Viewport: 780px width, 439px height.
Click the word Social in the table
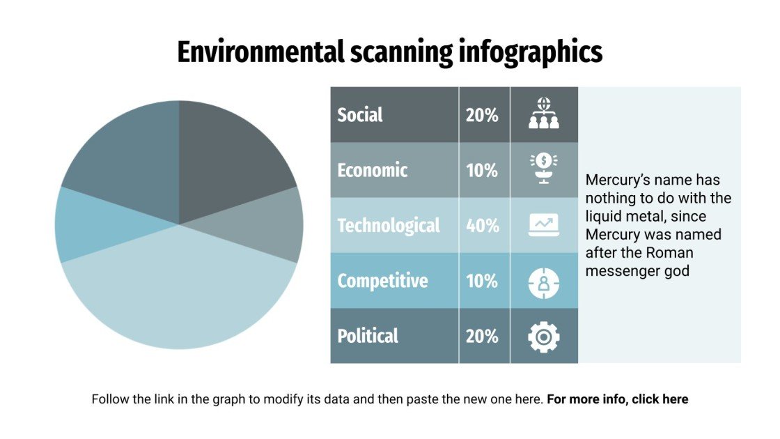coord(360,115)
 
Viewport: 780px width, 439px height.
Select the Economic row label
coord(373,170)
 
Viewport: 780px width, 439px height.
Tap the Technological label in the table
coord(389,226)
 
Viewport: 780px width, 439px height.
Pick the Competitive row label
coord(382,281)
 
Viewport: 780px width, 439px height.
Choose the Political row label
coord(368,336)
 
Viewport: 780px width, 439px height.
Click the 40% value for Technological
coord(483,226)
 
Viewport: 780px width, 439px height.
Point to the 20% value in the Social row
coord(483,115)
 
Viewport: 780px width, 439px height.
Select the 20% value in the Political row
coord(483,336)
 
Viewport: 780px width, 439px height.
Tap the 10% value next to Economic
coord(483,170)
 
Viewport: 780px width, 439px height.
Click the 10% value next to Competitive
coord(483,281)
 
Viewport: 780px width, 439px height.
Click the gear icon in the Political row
coord(544,337)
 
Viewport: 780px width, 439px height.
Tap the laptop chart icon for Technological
coord(544,225)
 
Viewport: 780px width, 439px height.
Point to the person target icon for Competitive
coord(544,282)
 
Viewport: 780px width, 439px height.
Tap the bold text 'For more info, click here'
coord(617,399)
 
